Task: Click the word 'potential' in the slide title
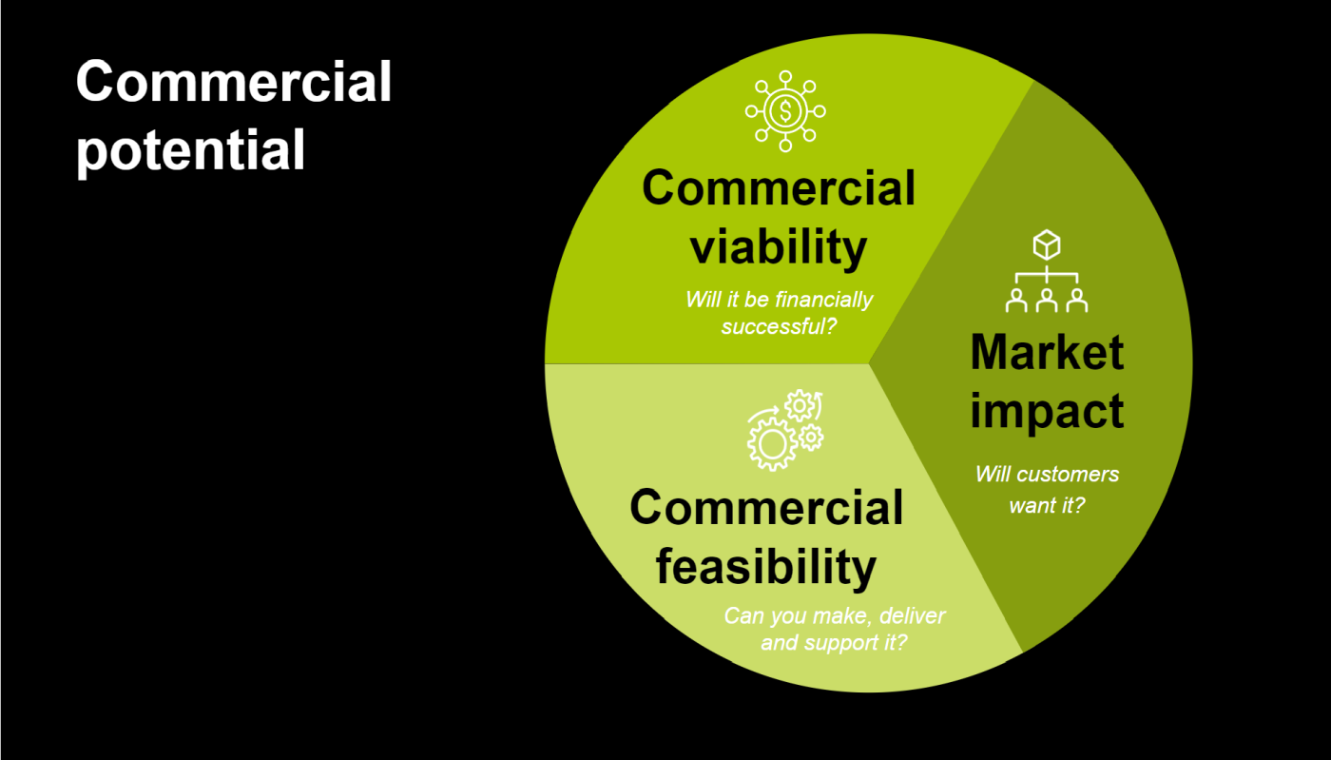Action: pyautogui.click(x=191, y=151)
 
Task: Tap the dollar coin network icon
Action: pyautogui.click(x=785, y=111)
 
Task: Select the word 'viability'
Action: pyautogui.click(x=779, y=246)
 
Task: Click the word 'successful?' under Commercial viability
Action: pyautogui.click(x=779, y=326)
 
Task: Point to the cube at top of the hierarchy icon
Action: pyautogui.click(x=1047, y=244)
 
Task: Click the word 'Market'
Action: pyautogui.click(x=1047, y=352)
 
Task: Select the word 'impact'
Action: pyautogui.click(x=1047, y=412)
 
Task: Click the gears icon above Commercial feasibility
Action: pyautogui.click(x=785, y=430)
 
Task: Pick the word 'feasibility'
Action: pyautogui.click(x=766, y=567)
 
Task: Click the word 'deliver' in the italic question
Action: pyautogui.click(x=912, y=616)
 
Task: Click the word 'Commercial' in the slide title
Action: pyautogui.click(x=234, y=82)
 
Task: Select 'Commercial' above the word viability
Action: pyautogui.click(x=779, y=188)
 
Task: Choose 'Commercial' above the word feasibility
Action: pyautogui.click(x=766, y=508)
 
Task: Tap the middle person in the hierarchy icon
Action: pyautogui.click(x=1047, y=301)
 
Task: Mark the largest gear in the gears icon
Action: pyautogui.click(x=772, y=443)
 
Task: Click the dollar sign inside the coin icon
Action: pyautogui.click(x=785, y=111)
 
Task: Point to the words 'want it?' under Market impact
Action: pyautogui.click(x=1047, y=505)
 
